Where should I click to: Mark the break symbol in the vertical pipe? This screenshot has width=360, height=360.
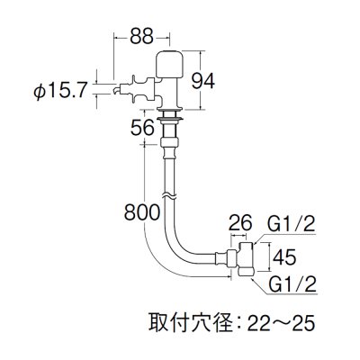[166, 192]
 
